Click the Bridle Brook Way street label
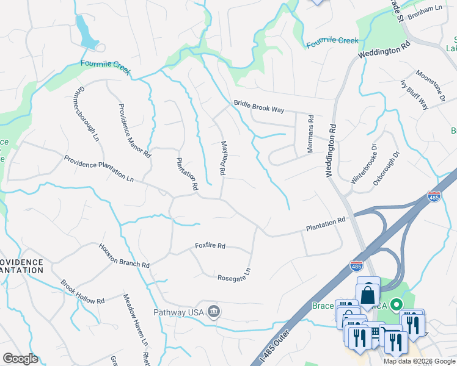259,109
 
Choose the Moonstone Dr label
431,86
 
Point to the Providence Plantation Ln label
99,169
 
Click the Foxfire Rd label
210,246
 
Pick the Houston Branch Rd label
125,256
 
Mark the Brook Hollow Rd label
82,292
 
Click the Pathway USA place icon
213,312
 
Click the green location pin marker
396,303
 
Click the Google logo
20,359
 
